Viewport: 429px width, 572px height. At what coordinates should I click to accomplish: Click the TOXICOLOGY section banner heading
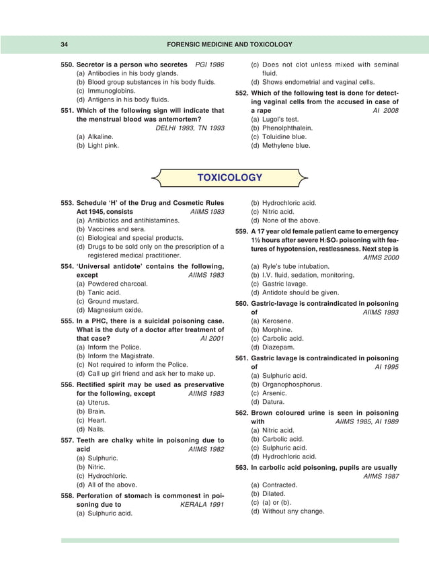pyautogui.click(x=229, y=177)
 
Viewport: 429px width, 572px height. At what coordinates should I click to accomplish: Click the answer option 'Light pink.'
pyautogui.click(x=98, y=145)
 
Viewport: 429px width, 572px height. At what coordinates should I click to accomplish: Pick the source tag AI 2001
pyautogui.click(x=212, y=339)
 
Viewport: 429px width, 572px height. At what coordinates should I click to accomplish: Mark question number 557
pyautogui.click(x=67, y=440)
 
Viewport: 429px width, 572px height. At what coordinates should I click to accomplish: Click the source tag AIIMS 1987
pyautogui.click(x=381, y=476)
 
